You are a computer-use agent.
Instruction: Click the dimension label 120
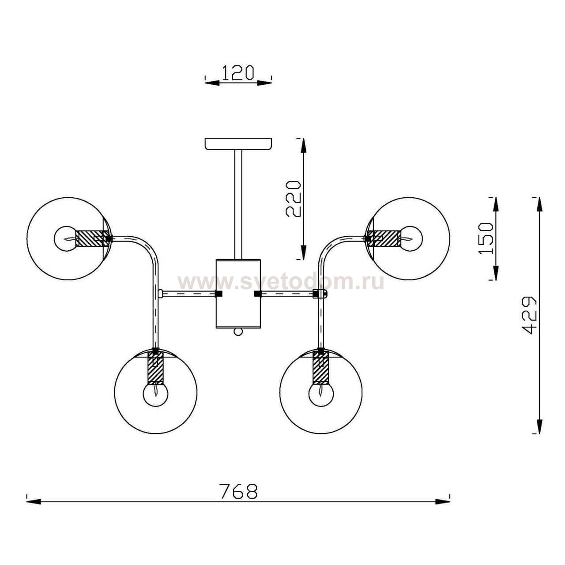tap(238, 72)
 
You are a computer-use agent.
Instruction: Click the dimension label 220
tap(293, 199)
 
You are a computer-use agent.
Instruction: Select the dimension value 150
tap(486, 238)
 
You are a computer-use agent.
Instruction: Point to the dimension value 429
tap(529, 315)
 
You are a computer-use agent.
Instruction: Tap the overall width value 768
tap(238, 491)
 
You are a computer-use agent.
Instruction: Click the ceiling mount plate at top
tap(238, 144)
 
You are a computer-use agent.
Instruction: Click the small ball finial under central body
tap(238, 331)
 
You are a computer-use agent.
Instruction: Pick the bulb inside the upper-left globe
tap(64, 238)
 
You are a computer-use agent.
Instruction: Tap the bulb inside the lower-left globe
tap(155, 395)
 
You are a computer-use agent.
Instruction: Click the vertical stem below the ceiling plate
tap(238, 203)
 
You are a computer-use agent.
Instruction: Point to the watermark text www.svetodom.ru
tap(281, 282)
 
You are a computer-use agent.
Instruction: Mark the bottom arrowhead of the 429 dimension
tap(537, 426)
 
